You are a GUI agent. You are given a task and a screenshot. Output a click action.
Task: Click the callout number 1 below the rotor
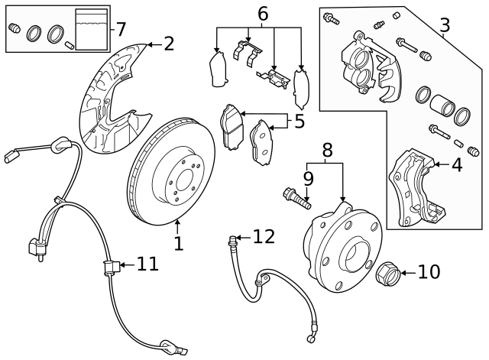(x=178, y=244)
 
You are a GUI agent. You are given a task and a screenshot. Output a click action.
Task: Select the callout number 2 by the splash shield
(x=168, y=44)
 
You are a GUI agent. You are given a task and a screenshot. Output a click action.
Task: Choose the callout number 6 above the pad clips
(x=262, y=13)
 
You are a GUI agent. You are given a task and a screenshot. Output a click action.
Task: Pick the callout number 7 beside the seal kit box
(x=120, y=30)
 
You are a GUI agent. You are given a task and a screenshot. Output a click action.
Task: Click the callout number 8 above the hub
(x=327, y=150)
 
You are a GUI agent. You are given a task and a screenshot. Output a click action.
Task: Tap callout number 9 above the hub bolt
(x=308, y=178)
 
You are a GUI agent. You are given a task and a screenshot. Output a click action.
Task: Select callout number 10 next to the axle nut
(x=429, y=271)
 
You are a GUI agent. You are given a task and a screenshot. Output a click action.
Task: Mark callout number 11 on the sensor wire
(x=147, y=264)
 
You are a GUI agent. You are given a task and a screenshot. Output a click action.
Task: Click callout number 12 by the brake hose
(x=263, y=237)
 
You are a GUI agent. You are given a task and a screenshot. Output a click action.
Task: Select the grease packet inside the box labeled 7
(x=92, y=29)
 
